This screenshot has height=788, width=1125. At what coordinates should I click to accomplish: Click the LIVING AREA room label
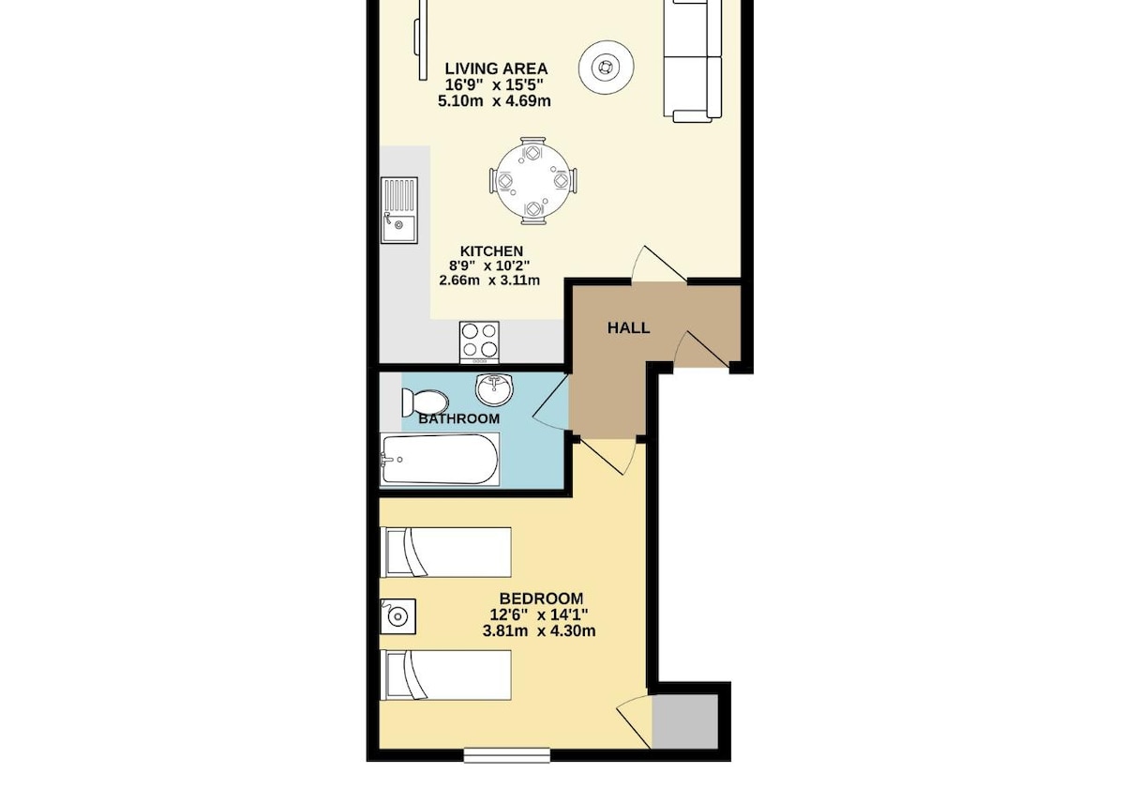coord(496,68)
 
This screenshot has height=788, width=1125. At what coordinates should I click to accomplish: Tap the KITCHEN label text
coord(491,251)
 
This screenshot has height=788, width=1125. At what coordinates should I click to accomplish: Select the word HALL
coord(628,328)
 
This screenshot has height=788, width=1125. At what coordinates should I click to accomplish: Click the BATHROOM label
coord(459,418)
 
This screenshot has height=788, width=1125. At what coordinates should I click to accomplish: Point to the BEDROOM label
coord(542,599)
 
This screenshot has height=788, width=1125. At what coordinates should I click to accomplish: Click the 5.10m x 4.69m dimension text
coord(494,101)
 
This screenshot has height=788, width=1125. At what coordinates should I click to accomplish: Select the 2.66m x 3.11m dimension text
coord(489,280)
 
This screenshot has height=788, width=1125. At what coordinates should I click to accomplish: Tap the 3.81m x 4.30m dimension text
coord(539,630)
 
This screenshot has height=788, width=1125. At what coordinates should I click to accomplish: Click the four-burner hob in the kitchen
coord(480,342)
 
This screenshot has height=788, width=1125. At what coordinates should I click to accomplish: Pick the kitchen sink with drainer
coord(399,210)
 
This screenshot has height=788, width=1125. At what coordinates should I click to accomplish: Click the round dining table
coord(532,181)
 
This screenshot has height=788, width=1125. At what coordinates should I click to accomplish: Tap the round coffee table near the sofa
coord(607,67)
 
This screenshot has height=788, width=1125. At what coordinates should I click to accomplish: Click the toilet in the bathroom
coord(425,402)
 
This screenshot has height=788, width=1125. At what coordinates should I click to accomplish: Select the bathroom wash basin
coord(494,389)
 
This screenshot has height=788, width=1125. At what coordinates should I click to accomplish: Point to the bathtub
coord(440,460)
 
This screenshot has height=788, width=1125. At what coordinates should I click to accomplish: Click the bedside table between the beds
coord(398,616)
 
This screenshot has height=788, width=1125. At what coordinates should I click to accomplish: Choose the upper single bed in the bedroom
coord(446,553)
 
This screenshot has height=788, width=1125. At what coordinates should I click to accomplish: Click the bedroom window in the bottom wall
coord(507,769)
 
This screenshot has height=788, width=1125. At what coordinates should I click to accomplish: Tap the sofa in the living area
coord(693,60)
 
